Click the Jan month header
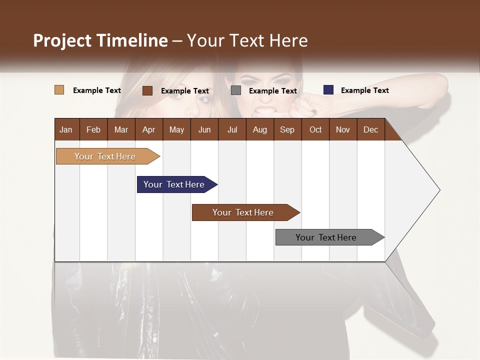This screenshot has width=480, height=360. tap(66, 130)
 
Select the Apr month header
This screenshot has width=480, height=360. tap(148, 130)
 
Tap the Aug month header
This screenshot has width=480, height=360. tap(259, 130)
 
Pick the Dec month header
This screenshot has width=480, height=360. tap(370, 130)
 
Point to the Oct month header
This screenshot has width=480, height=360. tap(315, 130)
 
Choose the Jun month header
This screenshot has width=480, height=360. tap(204, 130)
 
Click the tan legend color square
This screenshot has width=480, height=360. tap(59, 90)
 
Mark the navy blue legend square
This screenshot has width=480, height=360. tap(328, 90)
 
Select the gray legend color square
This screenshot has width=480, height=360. tap(236, 90)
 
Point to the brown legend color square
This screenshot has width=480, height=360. tap(147, 90)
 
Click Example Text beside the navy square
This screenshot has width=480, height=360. tap(364, 90)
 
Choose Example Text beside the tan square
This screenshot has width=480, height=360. tap(96, 90)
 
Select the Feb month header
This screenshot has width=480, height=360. tap(93, 130)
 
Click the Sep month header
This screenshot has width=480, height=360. tap(287, 130)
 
